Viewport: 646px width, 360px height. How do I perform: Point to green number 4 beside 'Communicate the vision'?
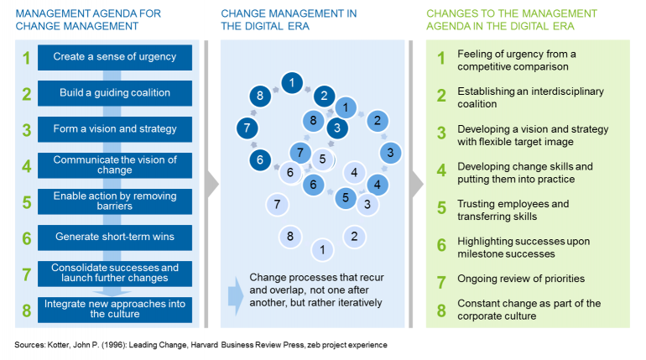coord(26,166)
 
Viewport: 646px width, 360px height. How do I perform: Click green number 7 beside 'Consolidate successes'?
coord(26,274)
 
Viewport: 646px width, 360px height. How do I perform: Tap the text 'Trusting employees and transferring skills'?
coord(513,210)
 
